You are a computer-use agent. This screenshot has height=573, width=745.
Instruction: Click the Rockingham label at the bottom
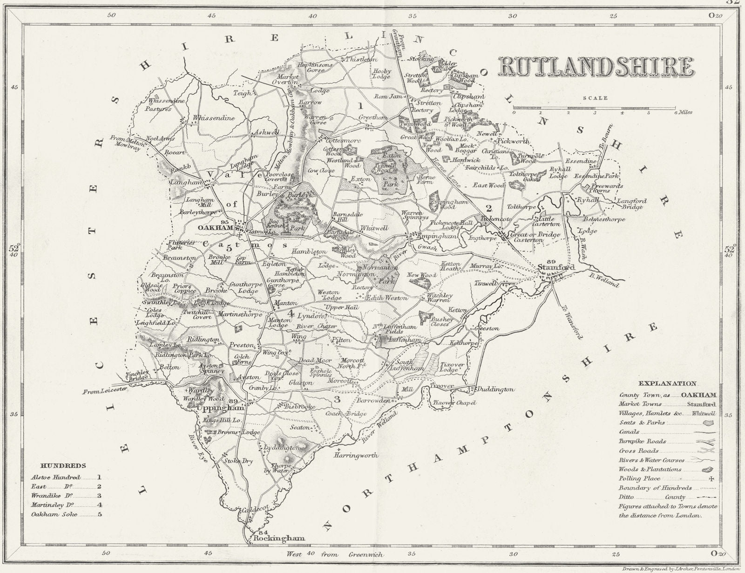pos(278,539)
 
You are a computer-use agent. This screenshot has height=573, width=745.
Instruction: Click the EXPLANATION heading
pos(667,384)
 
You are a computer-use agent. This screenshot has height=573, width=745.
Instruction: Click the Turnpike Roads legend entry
pos(642,441)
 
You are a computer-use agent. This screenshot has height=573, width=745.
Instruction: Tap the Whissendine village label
pos(214,118)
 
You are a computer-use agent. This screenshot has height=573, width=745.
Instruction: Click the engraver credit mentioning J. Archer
pos(680,569)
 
